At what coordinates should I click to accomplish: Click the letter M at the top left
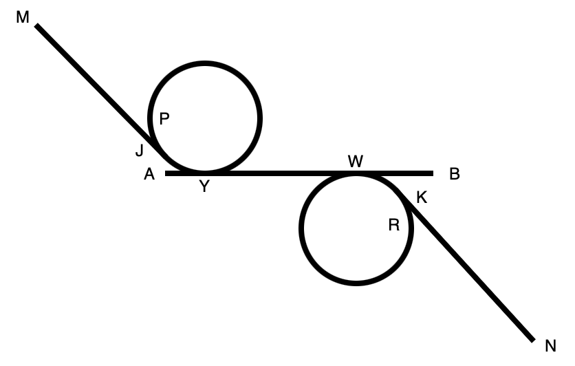[x=23, y=17]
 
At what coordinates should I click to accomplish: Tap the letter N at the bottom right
[x=550, y=346]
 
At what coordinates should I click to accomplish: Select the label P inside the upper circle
[x=164, y=119]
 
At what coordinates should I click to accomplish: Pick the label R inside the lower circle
[x=394, y=225]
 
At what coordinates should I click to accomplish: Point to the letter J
[x=140, y=151]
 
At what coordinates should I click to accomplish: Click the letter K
[x=422, y=197]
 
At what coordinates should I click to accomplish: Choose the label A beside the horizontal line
[x=149, y=175]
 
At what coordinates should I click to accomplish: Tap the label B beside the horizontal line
[x=454, y=174]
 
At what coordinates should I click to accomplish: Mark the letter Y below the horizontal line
[x=204, y=186]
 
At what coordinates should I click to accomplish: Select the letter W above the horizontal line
[x=356, y=162]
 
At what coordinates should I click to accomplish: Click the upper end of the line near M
[x=37, y=26]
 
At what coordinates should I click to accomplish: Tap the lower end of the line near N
[x=533, y=340]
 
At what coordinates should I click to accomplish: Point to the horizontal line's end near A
[x=166, y=173]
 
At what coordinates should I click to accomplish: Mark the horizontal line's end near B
[x=433, y=173]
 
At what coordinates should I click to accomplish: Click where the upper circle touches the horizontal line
[x=205, y=173]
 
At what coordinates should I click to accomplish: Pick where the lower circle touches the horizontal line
[x=356, y=173]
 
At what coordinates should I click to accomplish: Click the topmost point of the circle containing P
[x=205, y=63]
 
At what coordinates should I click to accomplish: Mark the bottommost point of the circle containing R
[x=356, y=283]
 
